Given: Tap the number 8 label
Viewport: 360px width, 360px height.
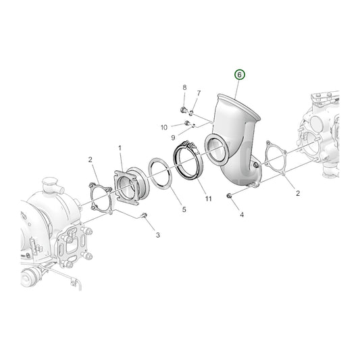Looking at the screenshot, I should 184,88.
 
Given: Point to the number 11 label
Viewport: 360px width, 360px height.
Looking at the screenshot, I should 208,199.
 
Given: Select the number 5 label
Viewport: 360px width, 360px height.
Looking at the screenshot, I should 183,210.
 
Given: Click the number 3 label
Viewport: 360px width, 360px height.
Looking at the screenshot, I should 157,235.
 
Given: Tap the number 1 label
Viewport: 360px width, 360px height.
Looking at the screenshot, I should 120,147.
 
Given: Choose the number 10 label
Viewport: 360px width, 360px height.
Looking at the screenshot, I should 164,127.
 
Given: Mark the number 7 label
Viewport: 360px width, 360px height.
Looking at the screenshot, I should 199,93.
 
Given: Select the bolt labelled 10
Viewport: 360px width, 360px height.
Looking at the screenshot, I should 187,123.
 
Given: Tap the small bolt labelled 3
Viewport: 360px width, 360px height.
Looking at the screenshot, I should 144,215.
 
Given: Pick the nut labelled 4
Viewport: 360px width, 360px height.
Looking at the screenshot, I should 230,196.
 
